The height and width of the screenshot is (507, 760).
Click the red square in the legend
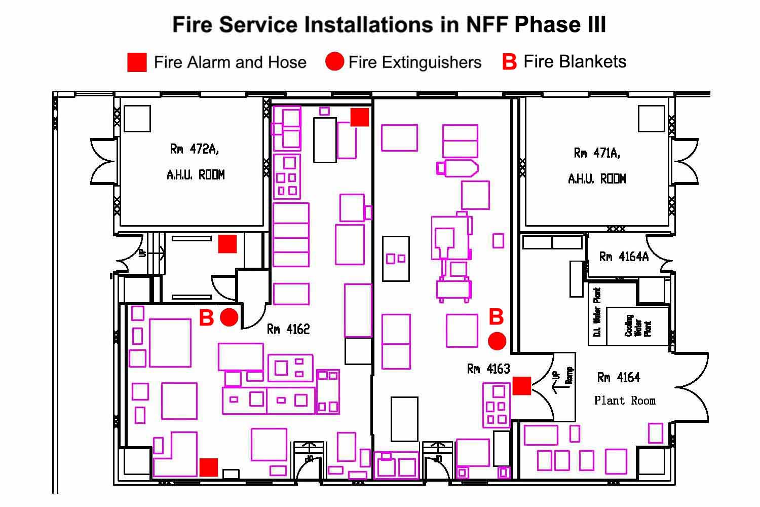(x=137, y=62)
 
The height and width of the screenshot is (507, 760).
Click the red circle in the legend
(x=334, y=62)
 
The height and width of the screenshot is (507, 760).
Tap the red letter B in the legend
(x=509, y=62)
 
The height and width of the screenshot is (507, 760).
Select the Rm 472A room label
(x=195, y=149)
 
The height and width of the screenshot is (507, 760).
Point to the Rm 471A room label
(x=597, y=153)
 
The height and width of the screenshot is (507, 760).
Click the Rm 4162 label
(x=288, y=330)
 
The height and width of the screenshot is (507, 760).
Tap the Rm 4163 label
(x=488, y=369)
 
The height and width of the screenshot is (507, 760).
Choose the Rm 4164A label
(x=624, y=257)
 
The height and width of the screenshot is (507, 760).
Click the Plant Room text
(x=625, y=401)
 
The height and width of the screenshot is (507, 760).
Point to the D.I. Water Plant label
(x=597, y=312)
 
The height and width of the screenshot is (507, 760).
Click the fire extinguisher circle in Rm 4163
(x=497, y=341)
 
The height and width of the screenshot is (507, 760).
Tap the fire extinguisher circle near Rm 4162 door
(x=229, y=317)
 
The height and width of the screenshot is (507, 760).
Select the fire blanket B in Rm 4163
(x=496, y=317)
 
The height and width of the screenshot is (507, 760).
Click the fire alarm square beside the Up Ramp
(x=522, y=386)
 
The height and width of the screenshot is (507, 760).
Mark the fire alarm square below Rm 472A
(x=227, y=244)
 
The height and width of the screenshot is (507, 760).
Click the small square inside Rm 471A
(x=651, y=119)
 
